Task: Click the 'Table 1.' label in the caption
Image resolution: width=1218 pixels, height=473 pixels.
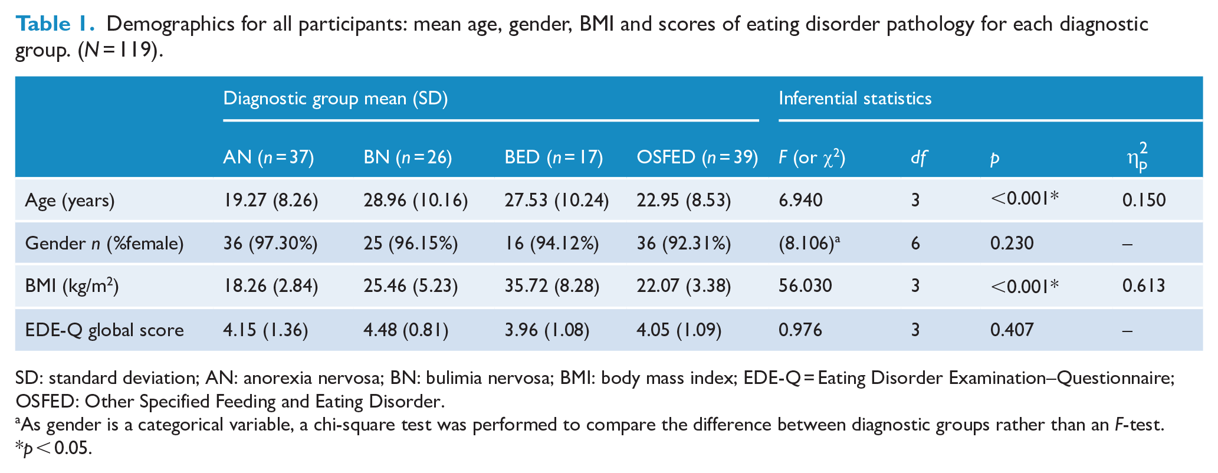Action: [55, 24]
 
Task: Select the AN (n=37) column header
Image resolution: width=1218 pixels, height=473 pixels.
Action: [268, 157]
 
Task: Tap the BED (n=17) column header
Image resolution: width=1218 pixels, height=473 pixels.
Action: [554, 157]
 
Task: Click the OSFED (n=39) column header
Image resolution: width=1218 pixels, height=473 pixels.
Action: [697, 157]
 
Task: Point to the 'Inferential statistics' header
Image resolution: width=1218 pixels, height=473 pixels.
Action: [855, 98]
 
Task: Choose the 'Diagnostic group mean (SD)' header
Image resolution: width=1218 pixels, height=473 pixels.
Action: [336, 98]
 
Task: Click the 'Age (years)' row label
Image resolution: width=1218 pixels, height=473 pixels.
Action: [70, 201]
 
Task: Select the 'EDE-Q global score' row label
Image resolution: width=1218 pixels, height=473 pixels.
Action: [104, 330]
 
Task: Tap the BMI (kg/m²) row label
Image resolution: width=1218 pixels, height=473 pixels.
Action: [72, 287]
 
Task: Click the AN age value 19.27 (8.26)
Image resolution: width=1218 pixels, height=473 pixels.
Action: [271, 201]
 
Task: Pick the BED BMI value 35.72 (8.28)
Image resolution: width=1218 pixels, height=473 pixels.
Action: [552, 287]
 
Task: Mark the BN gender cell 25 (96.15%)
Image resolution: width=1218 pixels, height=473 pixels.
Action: [411, 244]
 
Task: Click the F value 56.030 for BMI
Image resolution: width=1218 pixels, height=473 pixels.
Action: [805, 286]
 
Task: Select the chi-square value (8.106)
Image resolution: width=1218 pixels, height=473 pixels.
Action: [809, 243]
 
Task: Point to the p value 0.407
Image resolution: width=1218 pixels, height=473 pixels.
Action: [1012, 330]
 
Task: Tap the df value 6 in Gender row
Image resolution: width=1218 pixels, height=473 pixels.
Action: [915, 244]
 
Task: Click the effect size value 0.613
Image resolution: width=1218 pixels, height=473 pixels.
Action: [1144, 286]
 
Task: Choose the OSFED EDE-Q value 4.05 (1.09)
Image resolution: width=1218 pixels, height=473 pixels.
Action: [679, 330]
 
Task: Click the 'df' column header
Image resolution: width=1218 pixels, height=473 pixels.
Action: [918, 157]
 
